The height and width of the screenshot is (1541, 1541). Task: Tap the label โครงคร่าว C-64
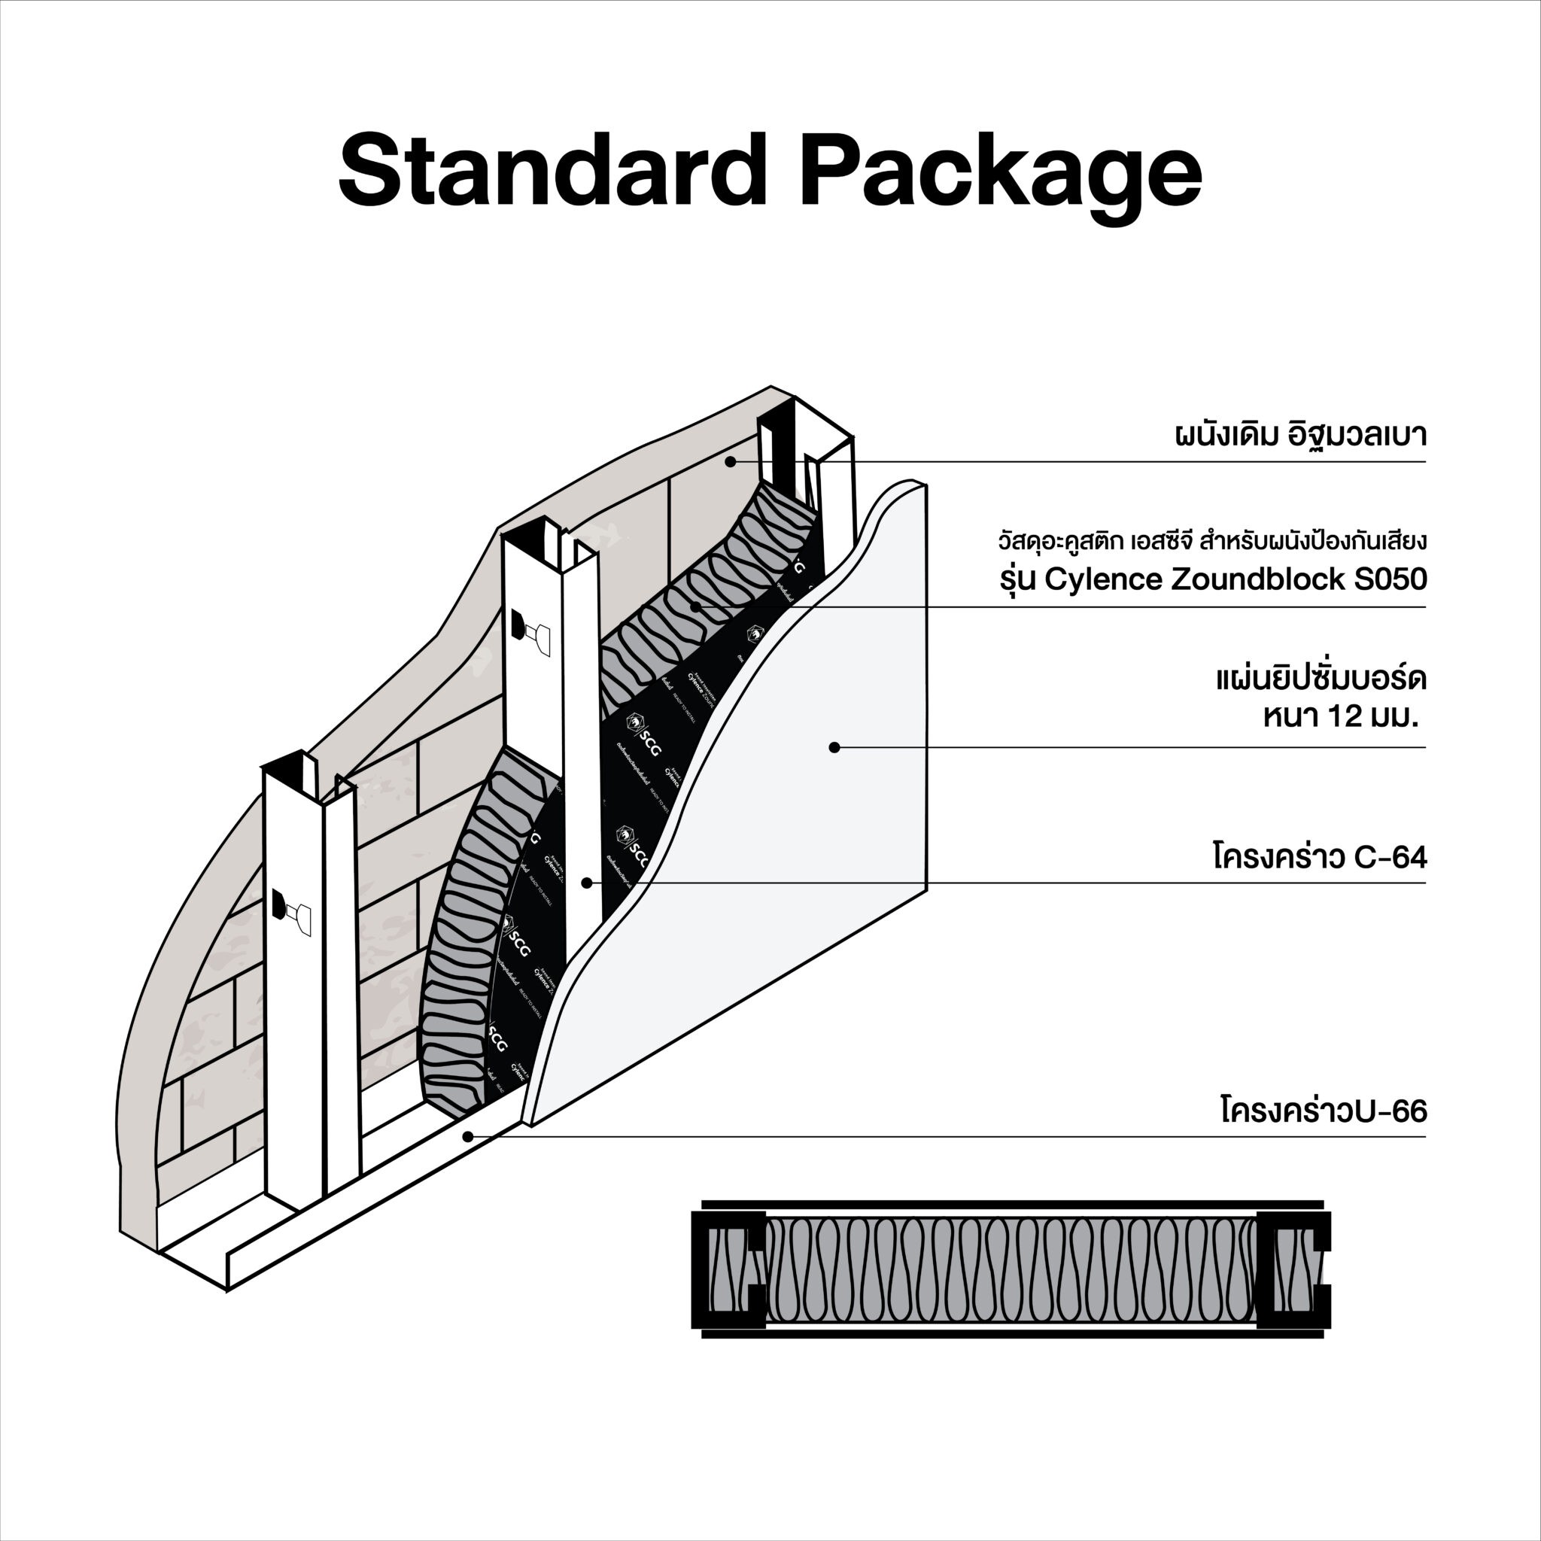click(1319, 859)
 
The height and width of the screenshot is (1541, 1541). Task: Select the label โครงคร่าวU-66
click(1324, 1111)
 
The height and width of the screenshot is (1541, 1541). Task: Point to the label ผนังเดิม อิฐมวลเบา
click(1300, 436)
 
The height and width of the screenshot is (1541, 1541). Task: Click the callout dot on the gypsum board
click(834, 747)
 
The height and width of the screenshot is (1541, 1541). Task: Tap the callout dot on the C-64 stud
click(586, 883)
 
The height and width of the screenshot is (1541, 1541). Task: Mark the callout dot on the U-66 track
click(468, 1137)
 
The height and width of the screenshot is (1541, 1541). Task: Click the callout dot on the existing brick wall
click(730, 462)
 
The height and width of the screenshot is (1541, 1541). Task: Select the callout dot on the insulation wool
click(695, 607)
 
